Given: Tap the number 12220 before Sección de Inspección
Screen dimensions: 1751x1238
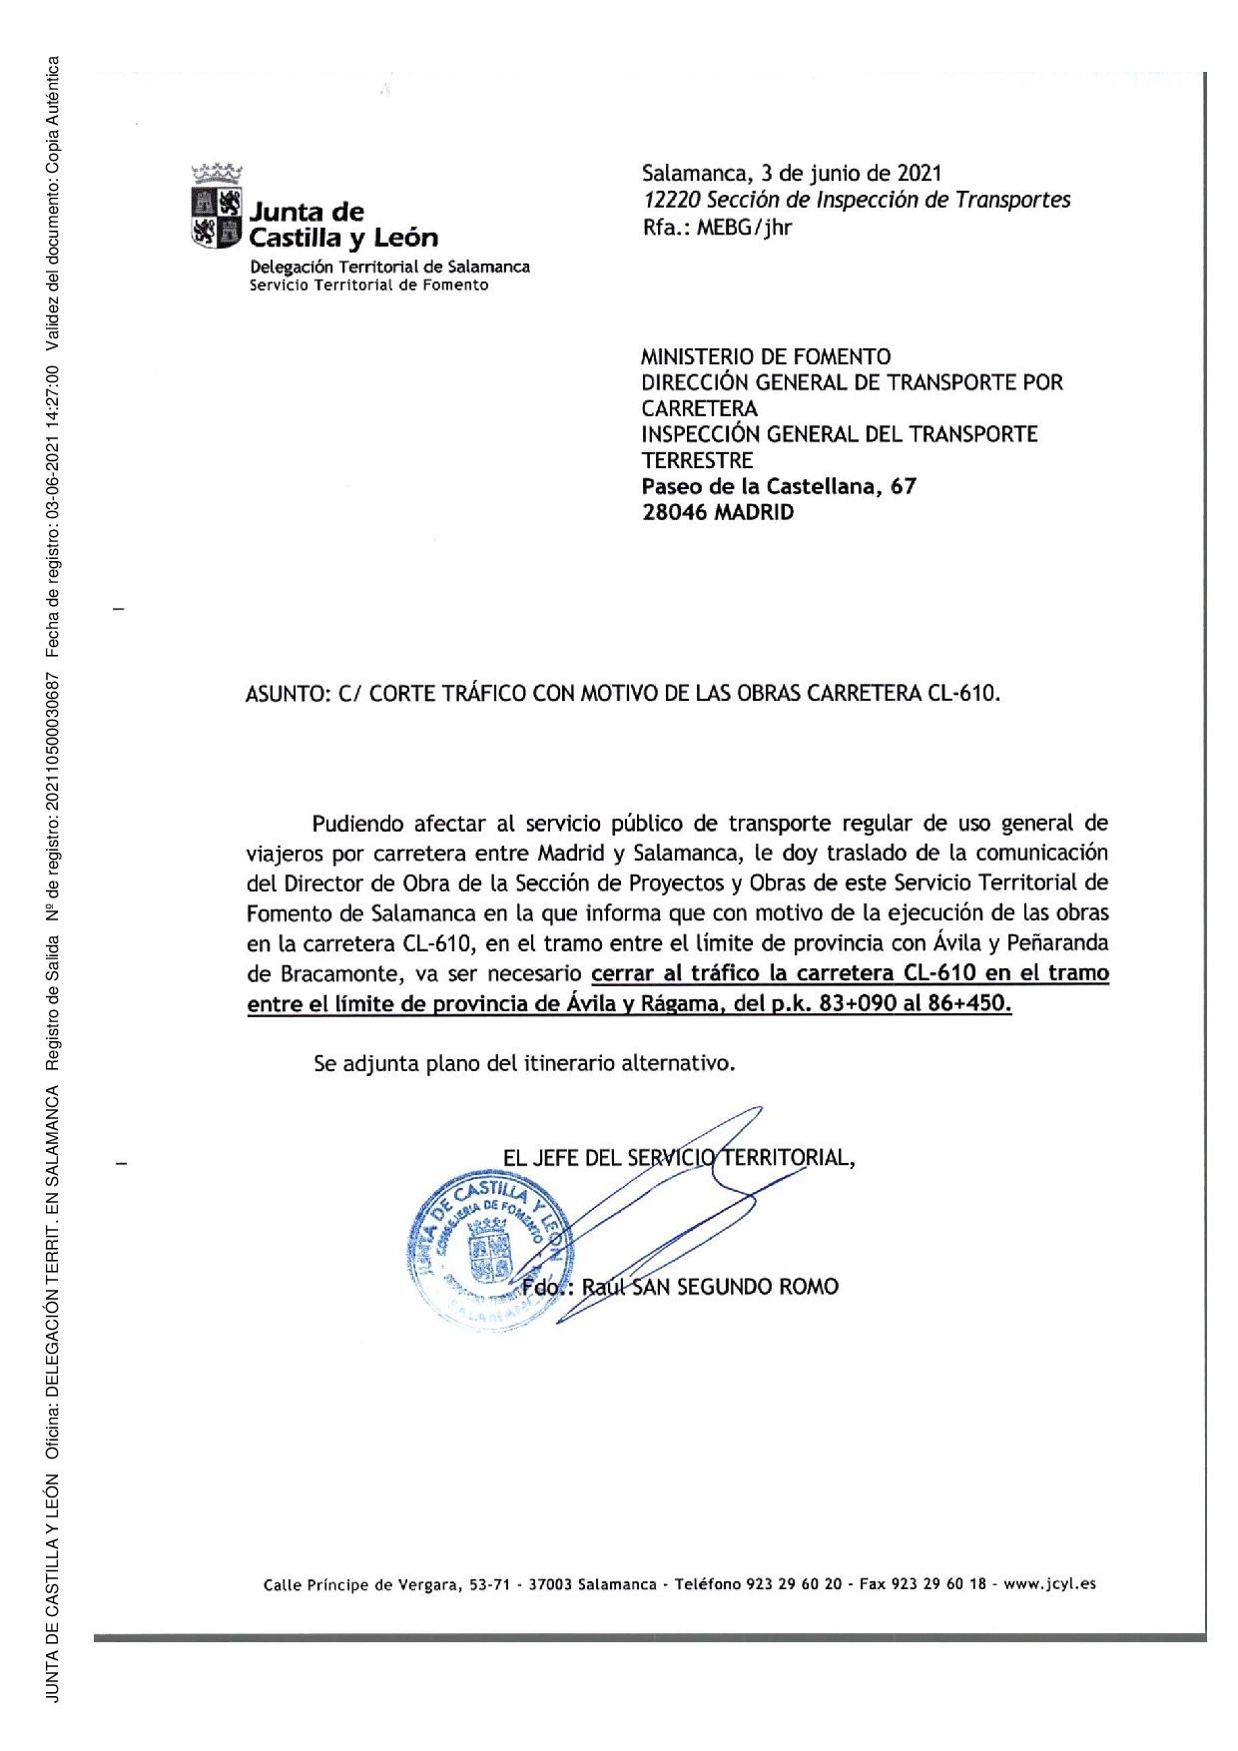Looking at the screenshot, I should tap(671, 200).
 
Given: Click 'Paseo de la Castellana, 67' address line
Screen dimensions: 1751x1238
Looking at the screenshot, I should tap(779, 486).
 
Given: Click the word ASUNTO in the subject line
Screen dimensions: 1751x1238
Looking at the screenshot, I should tap(284, 693).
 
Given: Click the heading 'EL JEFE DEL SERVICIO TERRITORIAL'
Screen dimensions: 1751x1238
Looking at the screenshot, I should tap(678, 1158).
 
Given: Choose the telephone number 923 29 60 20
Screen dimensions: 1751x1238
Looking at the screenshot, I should tap(794, 1583).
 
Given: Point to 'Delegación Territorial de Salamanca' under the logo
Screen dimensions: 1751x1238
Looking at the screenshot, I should tap(389, 267).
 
